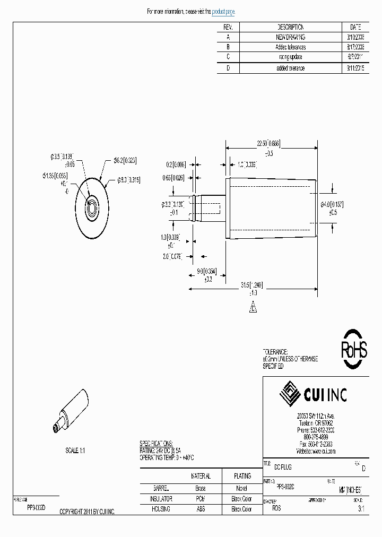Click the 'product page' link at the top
coord(223,12)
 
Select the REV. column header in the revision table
coord(229,27)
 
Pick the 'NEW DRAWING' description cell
coord(290,37)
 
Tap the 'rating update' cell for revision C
coord(290,57)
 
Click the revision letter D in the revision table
coord(229,68)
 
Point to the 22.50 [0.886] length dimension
coord(268,144)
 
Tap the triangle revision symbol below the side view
coord(253,307)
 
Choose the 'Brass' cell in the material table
coord(200,488)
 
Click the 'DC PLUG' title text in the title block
coord(283,467)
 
